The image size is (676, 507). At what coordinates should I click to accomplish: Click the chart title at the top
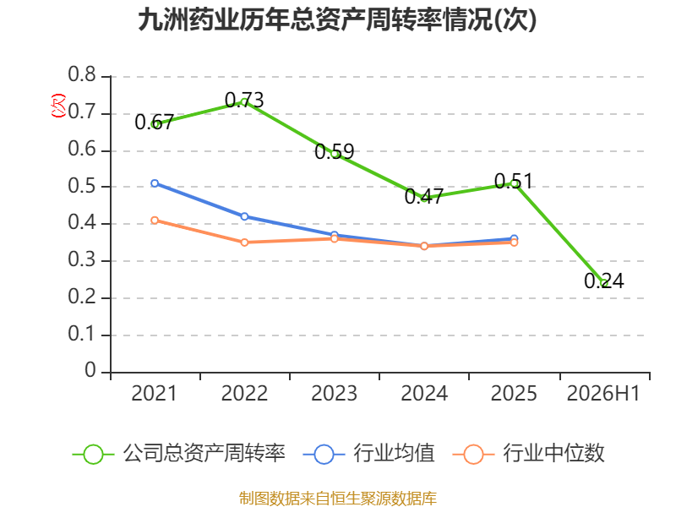(337, 19)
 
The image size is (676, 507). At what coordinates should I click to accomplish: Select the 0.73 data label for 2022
(244, 101)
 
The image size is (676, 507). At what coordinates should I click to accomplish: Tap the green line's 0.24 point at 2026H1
(604, 283)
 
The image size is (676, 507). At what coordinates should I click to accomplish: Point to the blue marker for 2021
(155, 183)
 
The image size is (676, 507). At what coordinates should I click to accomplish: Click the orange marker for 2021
(155, 221)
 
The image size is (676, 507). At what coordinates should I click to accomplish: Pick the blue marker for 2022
(244, 216)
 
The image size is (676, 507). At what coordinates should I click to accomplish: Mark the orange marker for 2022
(244, 243)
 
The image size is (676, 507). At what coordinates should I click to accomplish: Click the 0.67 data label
(154, 123)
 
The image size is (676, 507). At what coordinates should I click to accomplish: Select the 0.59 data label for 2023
(334, 152)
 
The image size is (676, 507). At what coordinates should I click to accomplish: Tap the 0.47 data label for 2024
(424, 197)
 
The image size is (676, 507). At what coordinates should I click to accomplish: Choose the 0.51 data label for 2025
(514, 181)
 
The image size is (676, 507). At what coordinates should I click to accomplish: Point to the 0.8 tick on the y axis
(82, 74)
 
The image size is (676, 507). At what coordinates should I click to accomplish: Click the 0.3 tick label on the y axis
(82, 259)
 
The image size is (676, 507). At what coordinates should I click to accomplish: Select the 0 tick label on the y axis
(90, 370)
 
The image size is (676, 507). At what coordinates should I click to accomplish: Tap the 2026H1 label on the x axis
(603, 393)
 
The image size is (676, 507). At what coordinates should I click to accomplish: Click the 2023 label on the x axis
(334, 393)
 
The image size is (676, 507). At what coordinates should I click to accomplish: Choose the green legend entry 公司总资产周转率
(179, 454)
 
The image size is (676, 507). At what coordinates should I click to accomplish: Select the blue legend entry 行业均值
(369, 454)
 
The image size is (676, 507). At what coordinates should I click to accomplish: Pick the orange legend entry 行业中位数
(529, 454)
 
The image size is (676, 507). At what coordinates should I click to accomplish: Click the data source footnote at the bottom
(337, 498)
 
